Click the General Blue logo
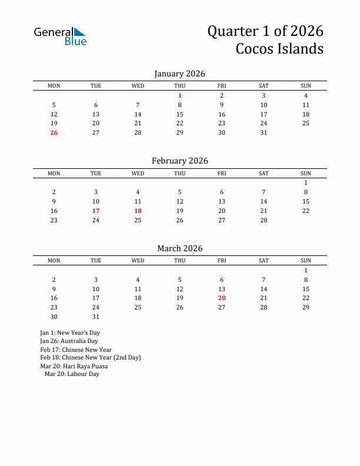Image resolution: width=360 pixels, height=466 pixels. coord(60,36)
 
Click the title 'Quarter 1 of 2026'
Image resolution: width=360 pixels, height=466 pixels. coord(265,31)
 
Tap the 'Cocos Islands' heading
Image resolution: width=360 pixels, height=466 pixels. coord(279,48)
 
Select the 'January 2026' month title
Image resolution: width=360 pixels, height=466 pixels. coord(180,74)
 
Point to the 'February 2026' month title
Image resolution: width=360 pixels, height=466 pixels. coord(180,161)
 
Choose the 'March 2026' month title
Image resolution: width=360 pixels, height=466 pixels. coord(180,248)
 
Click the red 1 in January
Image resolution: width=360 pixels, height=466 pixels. coord(180,95)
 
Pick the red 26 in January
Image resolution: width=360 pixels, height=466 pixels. coord(54,132)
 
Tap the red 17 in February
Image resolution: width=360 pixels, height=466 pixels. coord(96,211)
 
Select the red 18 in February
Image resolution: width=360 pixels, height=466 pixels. coord(138,211)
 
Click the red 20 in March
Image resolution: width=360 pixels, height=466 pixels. coord(222,298)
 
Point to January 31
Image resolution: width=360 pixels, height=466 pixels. coord(264,132)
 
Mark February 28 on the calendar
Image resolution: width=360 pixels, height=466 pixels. coord(264,220)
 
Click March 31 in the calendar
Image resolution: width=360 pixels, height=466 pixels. coord(96,317)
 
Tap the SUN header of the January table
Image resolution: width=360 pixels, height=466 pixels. coord(306,86)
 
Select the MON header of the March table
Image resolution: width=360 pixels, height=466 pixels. coord(54,261)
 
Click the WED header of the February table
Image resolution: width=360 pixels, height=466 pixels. coord(138,173)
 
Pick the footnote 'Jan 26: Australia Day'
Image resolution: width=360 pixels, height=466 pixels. coord(69,341)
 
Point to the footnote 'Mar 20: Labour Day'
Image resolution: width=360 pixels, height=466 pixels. coord(72,374)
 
